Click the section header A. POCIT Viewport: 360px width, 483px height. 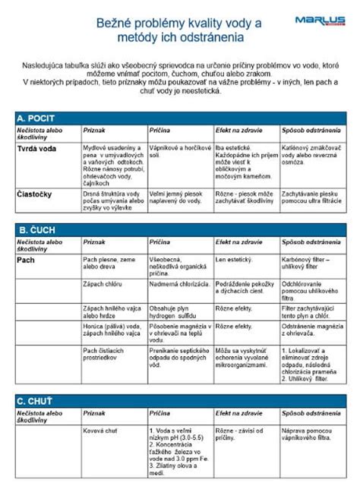[36, 118]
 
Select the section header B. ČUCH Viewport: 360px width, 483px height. [36, 229]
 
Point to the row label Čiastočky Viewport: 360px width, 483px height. [34, 194]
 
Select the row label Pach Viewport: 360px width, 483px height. [26, 260]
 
